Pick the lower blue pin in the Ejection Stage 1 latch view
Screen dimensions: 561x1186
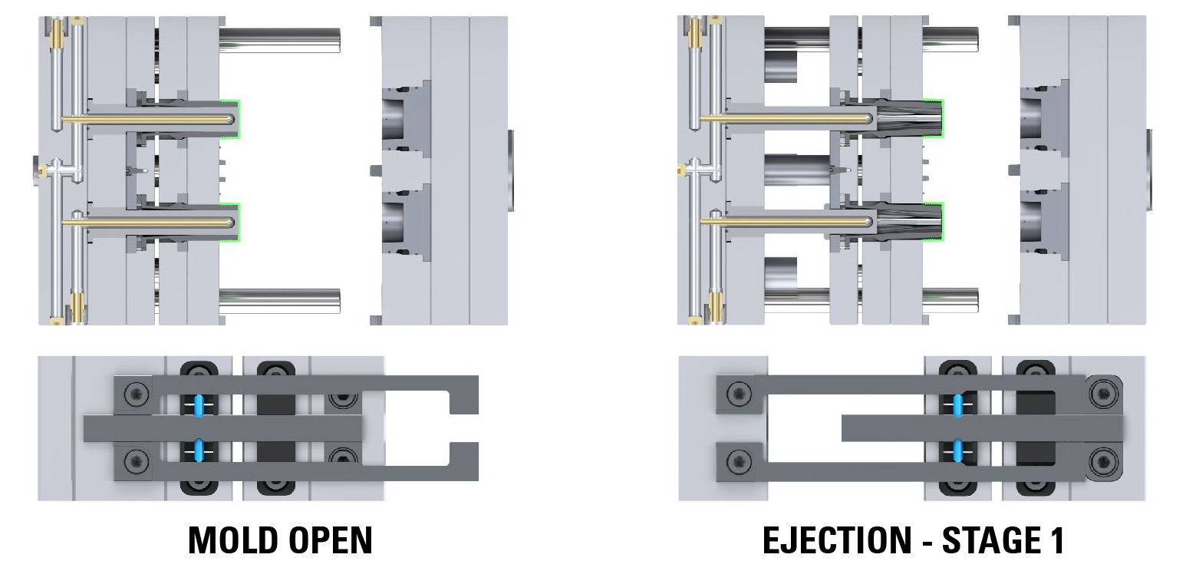[957, 450]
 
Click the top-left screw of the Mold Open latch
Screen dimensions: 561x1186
[137, 395]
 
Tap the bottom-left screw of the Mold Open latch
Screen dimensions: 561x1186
[137, 461]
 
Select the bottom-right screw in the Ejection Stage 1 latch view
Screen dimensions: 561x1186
[1104, 461]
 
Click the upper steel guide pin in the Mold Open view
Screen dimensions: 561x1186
[280, 40]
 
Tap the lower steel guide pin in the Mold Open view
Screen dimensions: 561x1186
[280, 300]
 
